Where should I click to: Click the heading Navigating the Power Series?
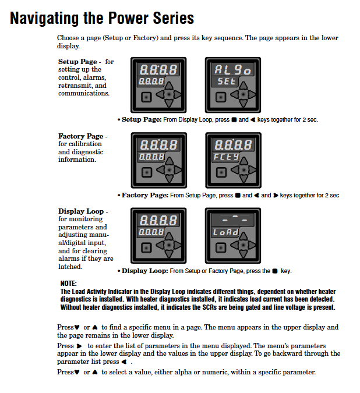click(x=102, y=18)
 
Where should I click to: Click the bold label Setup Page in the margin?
click(x=77, y=62)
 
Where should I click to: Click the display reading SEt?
click(x=226, y=82)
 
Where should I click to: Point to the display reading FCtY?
click(x=226, y=157)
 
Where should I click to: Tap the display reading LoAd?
click(x=226, y=232)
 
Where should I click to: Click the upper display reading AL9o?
click(x=232, y=69)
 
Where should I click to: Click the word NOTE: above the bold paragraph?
click(x=69, y=284)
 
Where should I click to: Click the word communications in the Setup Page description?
click(x=83, y=93)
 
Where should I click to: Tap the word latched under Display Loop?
click(x=70, y=266)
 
